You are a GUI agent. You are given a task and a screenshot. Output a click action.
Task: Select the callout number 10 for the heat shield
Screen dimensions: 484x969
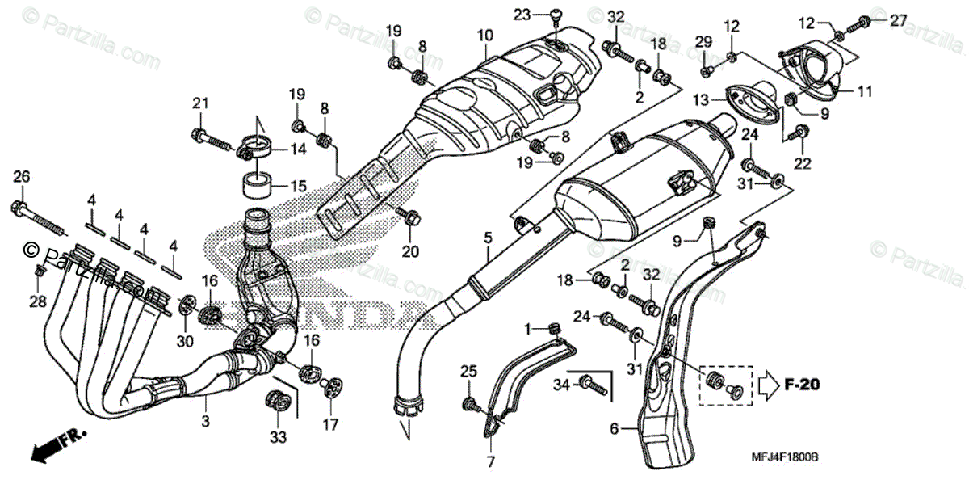(x=484, y=36)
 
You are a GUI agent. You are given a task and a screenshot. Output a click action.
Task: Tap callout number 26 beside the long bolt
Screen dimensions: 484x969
(x=21, y=177)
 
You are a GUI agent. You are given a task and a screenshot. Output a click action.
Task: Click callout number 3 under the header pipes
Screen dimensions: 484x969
(x=205, y=421)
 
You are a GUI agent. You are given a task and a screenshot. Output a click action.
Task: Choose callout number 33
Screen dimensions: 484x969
(x=279, y=437)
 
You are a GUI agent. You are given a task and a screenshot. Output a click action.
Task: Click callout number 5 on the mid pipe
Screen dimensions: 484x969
(x=488, y=238)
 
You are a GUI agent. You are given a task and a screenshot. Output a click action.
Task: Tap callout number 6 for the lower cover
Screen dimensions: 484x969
(x=614, y=430)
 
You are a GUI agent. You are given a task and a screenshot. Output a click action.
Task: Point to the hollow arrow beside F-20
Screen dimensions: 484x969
(x=769, y=385)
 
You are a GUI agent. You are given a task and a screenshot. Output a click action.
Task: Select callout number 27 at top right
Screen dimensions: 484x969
(x=876, y=21)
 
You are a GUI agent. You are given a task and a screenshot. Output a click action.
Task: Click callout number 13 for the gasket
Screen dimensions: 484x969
(x=699, y=99)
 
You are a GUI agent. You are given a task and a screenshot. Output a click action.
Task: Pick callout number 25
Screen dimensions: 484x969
(x=468, y=371)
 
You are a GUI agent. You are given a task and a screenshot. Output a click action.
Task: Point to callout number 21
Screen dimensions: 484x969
(x=199, y=103)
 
